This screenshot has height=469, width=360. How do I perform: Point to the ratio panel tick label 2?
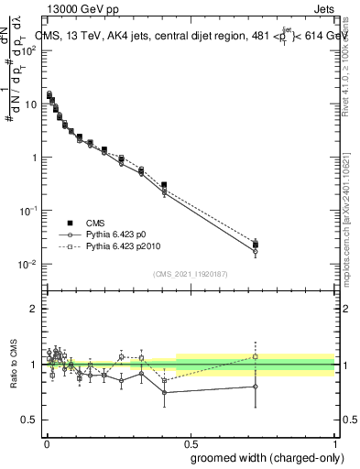[x=34, y=309]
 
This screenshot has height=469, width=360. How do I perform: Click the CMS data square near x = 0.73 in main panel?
[x=256, y=244]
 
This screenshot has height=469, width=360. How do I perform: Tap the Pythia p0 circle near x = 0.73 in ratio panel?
[x=256, y=387]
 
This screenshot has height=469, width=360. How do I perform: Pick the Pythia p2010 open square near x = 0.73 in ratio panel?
[x=256, y=357]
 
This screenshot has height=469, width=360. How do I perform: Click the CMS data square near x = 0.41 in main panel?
[x=163, y=185]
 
